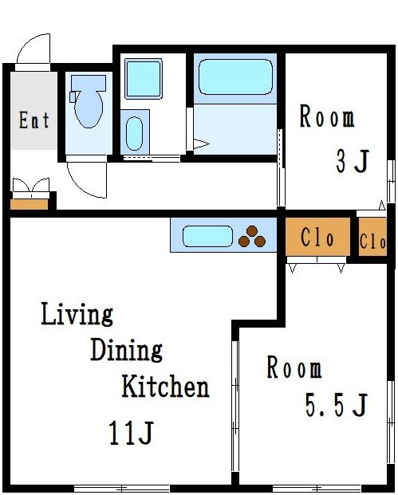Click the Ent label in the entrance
[34, 120]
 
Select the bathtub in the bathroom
[234, 77]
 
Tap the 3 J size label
[351, 162]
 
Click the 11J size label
[131, 434]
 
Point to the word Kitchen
[165, 387]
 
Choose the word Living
[77, 315]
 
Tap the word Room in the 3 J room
[327, 117]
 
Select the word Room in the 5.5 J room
[294, 369]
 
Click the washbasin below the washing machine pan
[135, 132]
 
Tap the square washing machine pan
[144, 78]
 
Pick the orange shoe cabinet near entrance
[30, 205]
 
